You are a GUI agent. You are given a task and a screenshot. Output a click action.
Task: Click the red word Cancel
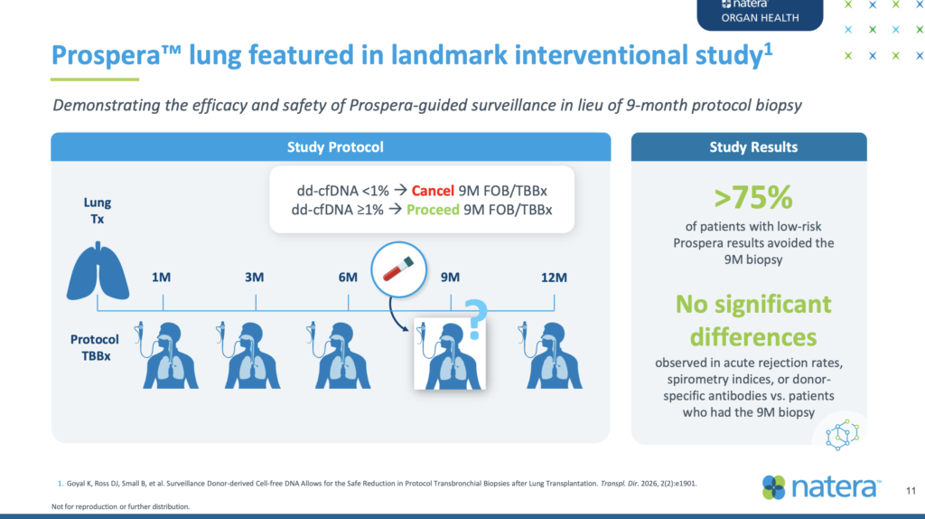coord(433,191)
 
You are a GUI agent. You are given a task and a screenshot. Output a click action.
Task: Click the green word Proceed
coord(433,210)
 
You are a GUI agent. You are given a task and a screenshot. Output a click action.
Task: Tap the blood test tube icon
coord(398,269)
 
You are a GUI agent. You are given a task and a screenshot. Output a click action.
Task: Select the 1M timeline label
coord(161,278)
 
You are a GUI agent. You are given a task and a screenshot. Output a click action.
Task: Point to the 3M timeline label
coord(254,278)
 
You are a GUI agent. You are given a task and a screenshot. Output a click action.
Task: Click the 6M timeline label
coord(348,278)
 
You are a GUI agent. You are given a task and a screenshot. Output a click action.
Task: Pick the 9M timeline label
coord(450,278)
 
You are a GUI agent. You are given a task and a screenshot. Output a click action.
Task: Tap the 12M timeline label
coord(554,278)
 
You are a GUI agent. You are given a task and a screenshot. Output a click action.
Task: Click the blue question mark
coord(475,319)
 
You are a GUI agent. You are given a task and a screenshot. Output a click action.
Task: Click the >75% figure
coord(753,198)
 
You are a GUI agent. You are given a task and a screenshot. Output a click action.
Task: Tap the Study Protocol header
coord(335,147)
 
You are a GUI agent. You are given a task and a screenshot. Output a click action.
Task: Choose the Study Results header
coord(753,147)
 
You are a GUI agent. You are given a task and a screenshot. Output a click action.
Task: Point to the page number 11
coord(911,491)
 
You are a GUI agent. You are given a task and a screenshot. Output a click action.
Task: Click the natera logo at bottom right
coord(821,487)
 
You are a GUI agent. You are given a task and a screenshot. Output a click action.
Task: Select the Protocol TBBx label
coord(95,348)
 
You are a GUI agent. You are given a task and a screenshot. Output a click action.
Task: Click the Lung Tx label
coord(98,211)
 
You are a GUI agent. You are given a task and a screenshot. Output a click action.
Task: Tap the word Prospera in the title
coord(107,56)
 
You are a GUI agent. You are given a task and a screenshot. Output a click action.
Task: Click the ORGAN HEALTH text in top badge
coord(760,18)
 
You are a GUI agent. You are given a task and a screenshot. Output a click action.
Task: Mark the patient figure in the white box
coord(450,354)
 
